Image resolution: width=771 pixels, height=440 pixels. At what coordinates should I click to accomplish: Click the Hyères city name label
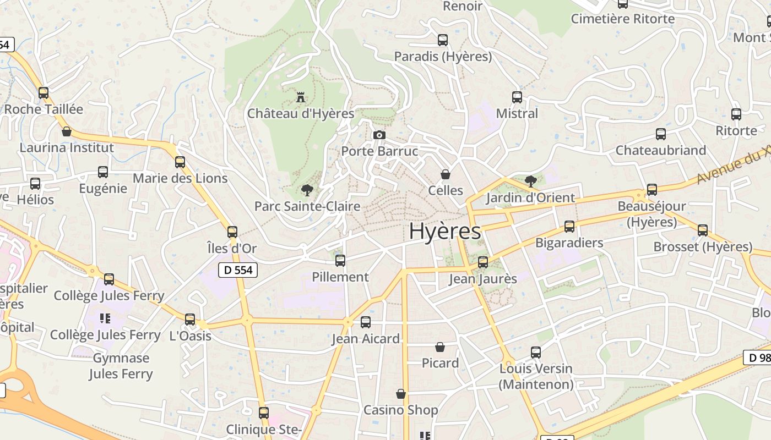pyautogui.click(x=445, y=232)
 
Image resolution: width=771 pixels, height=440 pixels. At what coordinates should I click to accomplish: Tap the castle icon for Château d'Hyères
pyautogui.click(x=301, y=97)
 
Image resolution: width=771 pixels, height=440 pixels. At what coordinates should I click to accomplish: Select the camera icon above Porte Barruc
pyautogui.click(x=379, y=135)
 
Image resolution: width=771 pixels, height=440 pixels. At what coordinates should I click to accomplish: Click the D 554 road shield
pyautogui.click(x=238, y=269)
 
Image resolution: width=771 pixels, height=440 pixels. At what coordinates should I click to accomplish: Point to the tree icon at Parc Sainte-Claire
pyautogui.click(x=307, y=190)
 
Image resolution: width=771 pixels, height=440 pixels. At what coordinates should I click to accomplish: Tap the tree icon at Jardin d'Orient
pyautogui.click(x=531, y=181)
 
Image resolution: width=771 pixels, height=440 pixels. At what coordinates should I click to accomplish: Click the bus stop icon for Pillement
pyautogui.click(x=340, y=261)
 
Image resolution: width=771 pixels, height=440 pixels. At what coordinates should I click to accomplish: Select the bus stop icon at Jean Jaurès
pyautogui.click(x=483, y=262)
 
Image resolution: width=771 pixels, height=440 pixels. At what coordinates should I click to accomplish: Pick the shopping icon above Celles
pyautogui.click(x=446, y=174)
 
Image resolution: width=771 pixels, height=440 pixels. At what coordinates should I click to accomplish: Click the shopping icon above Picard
pyautogui.click(x=440, y=347)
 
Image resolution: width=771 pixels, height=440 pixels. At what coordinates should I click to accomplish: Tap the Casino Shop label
pyautogui.click(x=401, y=410)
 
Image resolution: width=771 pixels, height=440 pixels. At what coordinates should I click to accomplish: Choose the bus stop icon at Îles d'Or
pyautogui.click(x=232, y=232)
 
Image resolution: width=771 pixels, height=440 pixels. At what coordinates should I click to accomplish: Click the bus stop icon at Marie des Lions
pyautogui.click(x=180, y=162)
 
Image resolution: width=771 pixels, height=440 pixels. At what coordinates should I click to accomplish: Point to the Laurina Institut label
pyautogui.click(x=67, y=147)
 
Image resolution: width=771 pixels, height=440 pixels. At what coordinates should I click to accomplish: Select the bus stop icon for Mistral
pyautogui.click(x=517, y=97)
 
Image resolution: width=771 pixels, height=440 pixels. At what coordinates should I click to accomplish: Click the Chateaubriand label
pyautogui.click(x=661, y=150)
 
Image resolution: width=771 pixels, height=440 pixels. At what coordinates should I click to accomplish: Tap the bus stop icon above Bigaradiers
pyautogui.click(x=569, y=227)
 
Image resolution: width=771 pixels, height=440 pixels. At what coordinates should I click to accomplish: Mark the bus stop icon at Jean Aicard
pyautogui.click(x=366, y=322)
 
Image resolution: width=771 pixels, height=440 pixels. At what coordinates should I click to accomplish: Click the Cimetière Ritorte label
pyautogui.click(x=623, y=19)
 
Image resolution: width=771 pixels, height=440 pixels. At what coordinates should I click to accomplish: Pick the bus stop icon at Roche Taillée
pyautogui.click(x=44, y=93)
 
